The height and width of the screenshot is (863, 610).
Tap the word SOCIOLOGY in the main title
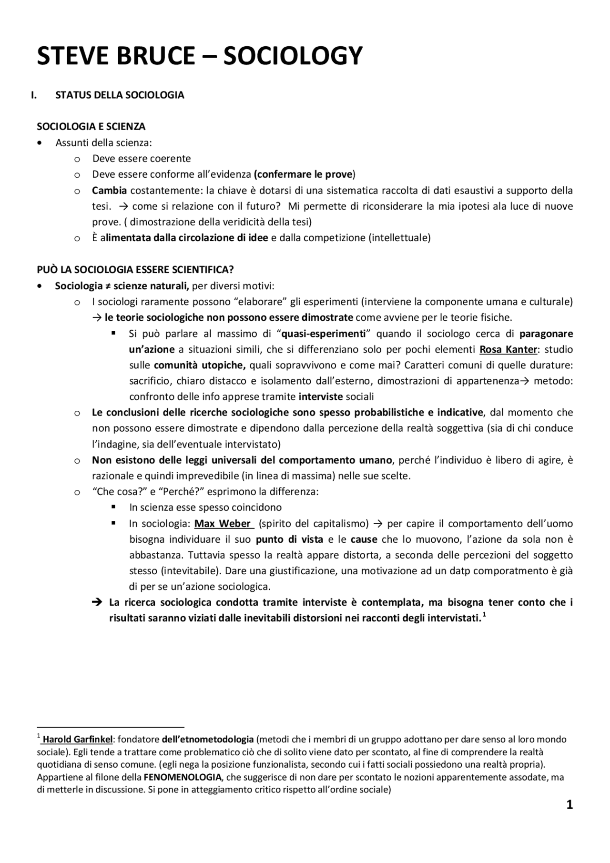pyautogui.click(x=293, y=56)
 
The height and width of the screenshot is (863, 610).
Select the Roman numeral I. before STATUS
pyautogui.click(x=34, y=95)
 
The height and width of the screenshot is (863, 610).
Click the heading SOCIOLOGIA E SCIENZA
pyautogui.click(x=91, y=127)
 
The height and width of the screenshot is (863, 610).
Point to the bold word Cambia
pyautogui.click(x=110, y=191)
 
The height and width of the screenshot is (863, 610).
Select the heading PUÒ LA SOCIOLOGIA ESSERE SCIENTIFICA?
pyautogui.click(x=135, y=270)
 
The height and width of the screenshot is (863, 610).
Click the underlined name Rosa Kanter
pyautogui.click(x=508, y=349)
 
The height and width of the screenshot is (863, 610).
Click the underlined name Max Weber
pyautogui.click(x=223, y=524)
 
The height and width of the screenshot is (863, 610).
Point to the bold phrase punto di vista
pyautogui.click(x=289, y=539)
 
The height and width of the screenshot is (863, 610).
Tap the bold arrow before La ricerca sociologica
pyautogui.click(x=97, y=602)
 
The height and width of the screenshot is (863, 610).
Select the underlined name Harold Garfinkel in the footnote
pyautogui.click(x=78, y=740)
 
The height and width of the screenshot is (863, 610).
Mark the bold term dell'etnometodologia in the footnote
pyautogui.click(x=208, y=740)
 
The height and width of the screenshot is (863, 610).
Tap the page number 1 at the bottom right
pyautogui.click(x=569, y=805)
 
